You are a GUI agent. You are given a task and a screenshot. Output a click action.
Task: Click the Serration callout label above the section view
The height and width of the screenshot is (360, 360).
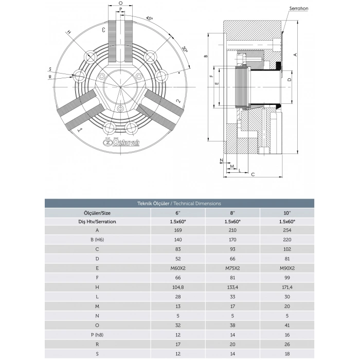click(x=298, y=9)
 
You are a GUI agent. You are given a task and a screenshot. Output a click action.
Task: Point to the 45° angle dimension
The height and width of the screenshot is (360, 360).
click(x=150, y=19)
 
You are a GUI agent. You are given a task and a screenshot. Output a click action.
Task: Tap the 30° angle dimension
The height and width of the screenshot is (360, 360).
click(x=184, y=50)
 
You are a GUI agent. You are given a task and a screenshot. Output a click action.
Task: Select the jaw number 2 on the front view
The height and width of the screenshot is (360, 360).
click(x=177, y=101)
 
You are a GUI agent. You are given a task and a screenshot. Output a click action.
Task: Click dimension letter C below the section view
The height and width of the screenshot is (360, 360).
click(x=253, y=174)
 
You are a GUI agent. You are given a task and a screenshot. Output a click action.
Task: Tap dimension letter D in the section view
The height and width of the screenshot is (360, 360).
click(x=290, y=80)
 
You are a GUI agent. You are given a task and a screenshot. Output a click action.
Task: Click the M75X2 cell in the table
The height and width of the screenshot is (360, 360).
click(x=232, y=267)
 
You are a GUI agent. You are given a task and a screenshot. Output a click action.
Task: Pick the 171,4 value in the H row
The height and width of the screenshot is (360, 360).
click(x=286, y=286)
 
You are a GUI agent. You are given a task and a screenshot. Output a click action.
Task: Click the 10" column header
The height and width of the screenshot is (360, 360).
click(x=286, y=212)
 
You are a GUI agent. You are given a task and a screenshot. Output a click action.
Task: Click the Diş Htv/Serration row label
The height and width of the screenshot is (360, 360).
click(x=97, y=221)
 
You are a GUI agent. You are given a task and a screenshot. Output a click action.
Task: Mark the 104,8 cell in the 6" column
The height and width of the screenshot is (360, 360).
click(x=178, y=286)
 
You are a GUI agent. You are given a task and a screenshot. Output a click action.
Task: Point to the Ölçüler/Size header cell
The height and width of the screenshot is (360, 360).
click(x=97, y=212)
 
